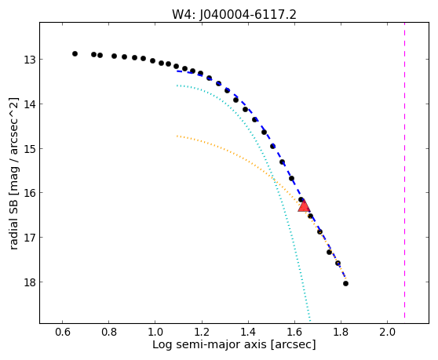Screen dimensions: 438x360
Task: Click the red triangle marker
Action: coord(304,206)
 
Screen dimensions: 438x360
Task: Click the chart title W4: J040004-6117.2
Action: coord(234,15)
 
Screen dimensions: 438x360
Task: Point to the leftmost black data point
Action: coord(75,53)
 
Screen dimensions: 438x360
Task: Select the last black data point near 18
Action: coord(345,284)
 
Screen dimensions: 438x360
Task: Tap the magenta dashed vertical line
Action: coord(404,170)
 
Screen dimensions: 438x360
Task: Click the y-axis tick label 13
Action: coord(29,60)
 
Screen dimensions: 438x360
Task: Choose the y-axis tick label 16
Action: coord(29,193)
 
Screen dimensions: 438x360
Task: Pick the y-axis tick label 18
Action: coord(29,282)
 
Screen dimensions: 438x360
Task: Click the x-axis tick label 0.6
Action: coord(62,332)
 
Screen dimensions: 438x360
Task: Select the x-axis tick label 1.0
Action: coord(155,332)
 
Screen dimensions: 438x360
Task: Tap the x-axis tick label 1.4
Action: coord(248,332)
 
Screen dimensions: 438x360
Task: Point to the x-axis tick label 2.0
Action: coord(387,332)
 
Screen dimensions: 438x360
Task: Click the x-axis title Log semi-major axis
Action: coord(210,344)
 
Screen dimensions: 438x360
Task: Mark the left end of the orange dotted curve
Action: coord(177,136)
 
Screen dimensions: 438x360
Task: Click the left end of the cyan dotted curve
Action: coord(177,85)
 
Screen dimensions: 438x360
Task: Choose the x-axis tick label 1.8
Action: coord(341,332)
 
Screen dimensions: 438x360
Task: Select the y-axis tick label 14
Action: coord(29,104)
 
